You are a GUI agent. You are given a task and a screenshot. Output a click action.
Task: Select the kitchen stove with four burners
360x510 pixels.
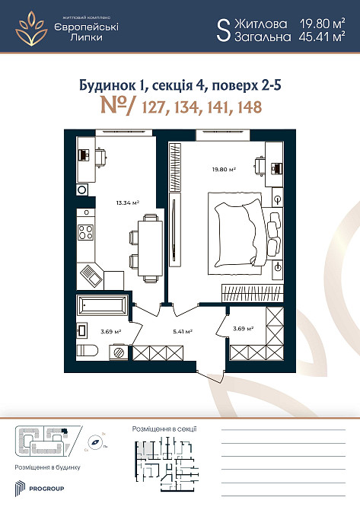pos(86,233)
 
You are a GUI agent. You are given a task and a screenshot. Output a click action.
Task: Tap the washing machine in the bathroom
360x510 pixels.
pos(119,351)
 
